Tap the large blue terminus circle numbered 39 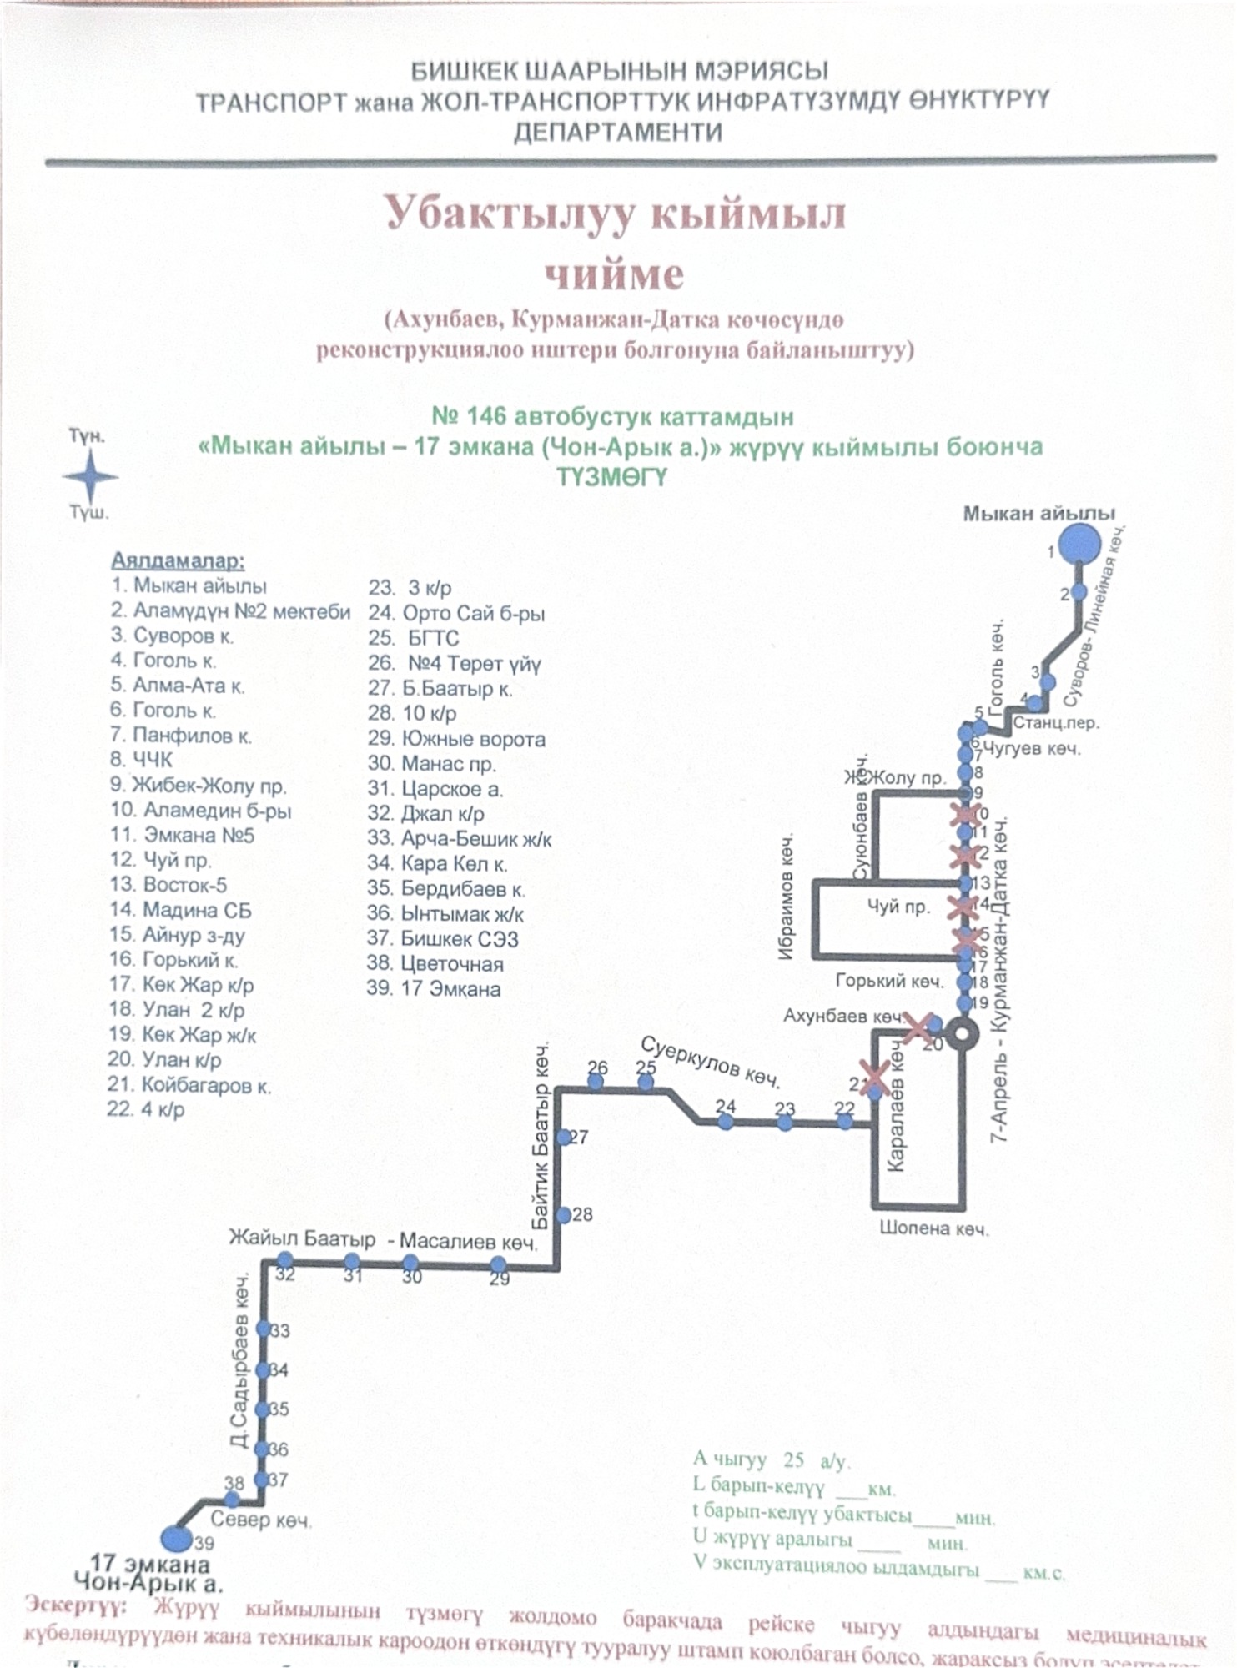pyautogui.click(x=174, y=1537)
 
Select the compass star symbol pyautogui.click(x=90, y=477)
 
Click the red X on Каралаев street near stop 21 pyautogui.click(x=874, y=1077)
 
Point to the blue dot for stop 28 pyautogui.click(x=564, y=1215)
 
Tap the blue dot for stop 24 pyautogui.click(x=726, y=1123)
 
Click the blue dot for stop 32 pyautogui.click(x=285, y=1260)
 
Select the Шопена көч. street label pyautogui.click(x=934, y=1228)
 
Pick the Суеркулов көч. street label pyautogui.click(x=710, y=1062)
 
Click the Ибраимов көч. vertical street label pyautogui.click(x=787, y=897)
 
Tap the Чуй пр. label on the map pyautogui.click(x=898, y=907)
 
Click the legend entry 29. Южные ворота pyautogui.click(x=457, y=739)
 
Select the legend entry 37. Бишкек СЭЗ pyautogui.click(x=443, y=939)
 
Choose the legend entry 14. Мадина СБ pyautogui.click(x=180, y=910)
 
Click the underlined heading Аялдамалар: pyautogui.click(x=178, y=561)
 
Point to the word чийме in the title pyautogui.click(x=614, y=274)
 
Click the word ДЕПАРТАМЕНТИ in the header pyautogui.click(x=617, y=133)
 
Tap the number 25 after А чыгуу pyautogui.click(x=793, y=1459)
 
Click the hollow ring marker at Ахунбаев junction pyautogui.click(x=964, y=1032)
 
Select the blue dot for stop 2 pyautogui.click(x=1079, y=592)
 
